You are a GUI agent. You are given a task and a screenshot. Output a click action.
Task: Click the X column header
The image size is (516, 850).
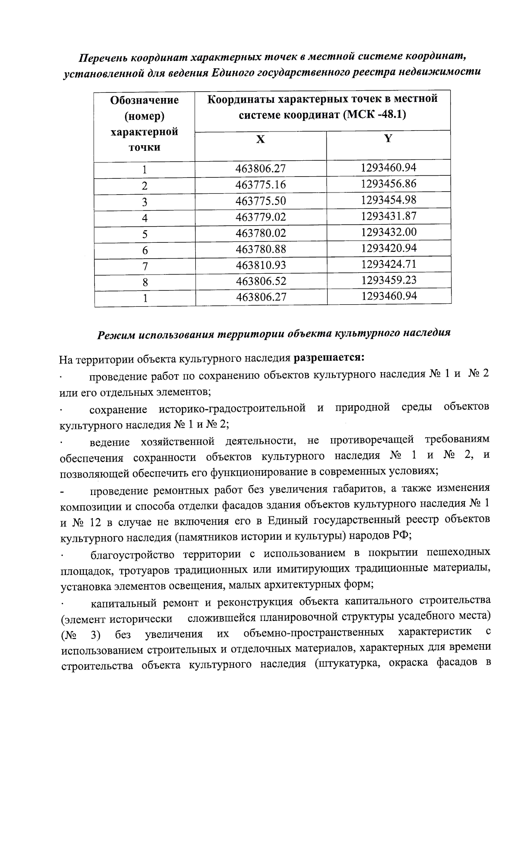tap(261, 140)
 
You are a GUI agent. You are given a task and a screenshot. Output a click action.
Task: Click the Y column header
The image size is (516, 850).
tap(388, 138)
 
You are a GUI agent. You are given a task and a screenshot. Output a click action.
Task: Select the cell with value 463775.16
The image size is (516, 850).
tap(261, 185)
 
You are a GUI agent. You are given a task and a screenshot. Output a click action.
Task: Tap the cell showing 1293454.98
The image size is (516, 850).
tap(389, 200)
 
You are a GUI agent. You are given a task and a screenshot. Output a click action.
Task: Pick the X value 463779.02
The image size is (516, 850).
tap(261, 217)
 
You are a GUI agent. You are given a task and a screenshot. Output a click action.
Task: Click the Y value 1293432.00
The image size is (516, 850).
tap(389, 232)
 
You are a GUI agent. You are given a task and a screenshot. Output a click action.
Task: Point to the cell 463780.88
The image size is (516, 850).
tap(261, 249)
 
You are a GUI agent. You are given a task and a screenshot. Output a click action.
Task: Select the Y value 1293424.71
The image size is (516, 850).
tap(389, 264)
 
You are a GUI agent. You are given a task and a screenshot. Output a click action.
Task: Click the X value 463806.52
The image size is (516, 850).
tap(261, 281)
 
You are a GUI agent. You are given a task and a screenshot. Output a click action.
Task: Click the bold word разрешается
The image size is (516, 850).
tap(329, 357)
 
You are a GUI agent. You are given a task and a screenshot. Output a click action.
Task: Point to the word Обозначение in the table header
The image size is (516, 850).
tap(144, 100)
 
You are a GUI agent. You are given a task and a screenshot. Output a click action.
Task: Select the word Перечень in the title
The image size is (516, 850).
tap(104, 58)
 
